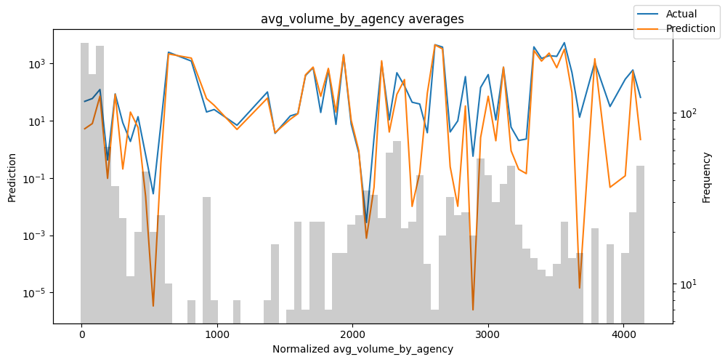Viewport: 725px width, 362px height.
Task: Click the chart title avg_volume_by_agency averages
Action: point(362,19)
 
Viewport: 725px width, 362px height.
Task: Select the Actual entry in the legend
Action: point(681,14)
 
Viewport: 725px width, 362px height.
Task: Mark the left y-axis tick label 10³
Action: point(36,64)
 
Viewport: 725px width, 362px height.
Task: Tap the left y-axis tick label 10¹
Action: point(36,121)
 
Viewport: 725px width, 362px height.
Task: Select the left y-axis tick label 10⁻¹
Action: point(35,179)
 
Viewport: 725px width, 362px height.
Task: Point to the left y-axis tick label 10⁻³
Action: point(35,236)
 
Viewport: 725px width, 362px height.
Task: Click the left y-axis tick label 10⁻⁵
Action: point(35,293)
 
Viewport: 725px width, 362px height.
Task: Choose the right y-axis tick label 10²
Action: point(688,113)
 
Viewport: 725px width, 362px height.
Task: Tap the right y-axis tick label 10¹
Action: point(688,283)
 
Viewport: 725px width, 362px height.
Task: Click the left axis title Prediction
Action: point(12,177)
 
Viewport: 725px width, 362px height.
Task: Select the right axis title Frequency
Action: point(706,177)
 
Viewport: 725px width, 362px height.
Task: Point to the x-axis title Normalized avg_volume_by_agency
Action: point(362,349)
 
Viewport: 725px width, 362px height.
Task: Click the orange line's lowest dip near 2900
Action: point(473,310)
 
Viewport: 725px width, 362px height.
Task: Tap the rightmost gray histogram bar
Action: point(640,244)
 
